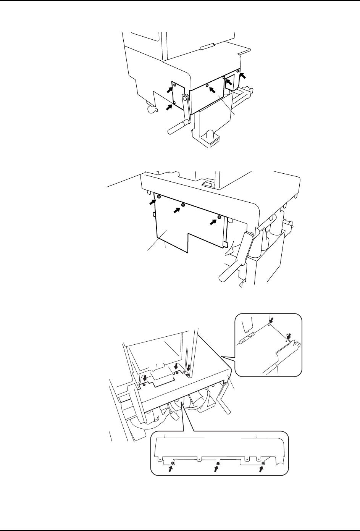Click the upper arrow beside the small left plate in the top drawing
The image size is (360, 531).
coord(168,89)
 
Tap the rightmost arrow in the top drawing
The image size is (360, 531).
coord(243,76)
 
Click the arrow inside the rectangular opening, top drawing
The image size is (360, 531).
coord(229,82)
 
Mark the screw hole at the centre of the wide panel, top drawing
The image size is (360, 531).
coord(207,86)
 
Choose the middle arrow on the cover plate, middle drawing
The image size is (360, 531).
coord(178,210)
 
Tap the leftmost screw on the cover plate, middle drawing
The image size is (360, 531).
coord(158,197)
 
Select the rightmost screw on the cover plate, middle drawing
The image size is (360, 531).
coord(219,217)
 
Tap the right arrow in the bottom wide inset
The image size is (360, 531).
coord(261,469)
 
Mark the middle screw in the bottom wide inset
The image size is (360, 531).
coord(218,463)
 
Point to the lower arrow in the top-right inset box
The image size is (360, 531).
coord(289,336)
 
